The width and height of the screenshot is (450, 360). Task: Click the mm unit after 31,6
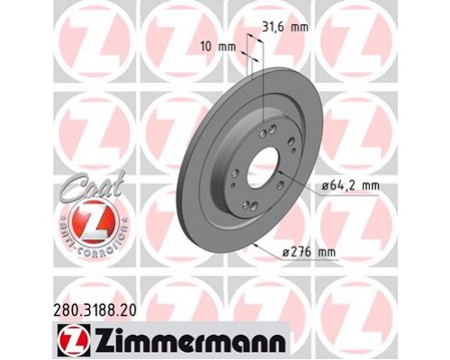[300, 27]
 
